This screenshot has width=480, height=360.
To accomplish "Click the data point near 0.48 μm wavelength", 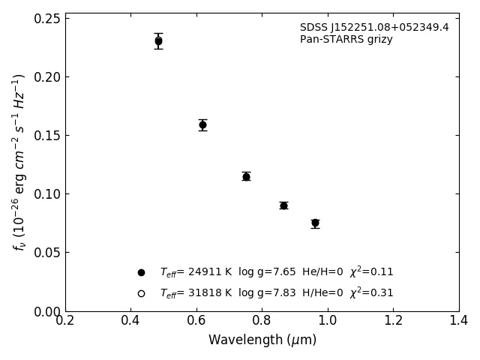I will pos(158,41).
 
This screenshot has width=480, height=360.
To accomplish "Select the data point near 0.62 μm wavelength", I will pos(202,124).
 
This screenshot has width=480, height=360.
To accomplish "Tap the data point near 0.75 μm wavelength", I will pos(246,176).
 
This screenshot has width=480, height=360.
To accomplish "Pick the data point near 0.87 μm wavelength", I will pos(283,205).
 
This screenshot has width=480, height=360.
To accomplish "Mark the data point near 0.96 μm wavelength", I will pos(315,223).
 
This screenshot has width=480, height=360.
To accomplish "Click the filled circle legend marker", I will pos(141,272).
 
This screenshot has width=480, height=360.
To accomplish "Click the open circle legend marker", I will pos(141,293).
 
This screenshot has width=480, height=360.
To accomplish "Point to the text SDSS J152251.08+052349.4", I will pos(374,28).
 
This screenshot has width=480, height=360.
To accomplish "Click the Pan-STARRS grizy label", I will pos(346,40).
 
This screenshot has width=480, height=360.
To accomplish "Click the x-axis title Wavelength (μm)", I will pos(262,340).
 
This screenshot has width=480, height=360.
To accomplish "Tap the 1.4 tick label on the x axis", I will pos(459,321).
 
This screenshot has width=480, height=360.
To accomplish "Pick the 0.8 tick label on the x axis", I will pos(262,321).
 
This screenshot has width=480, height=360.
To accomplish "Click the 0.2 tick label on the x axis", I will pos(65,321).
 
